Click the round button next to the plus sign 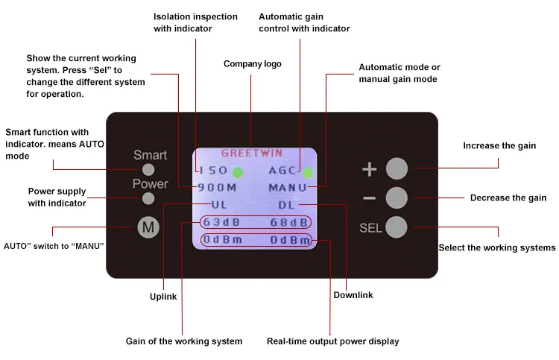click(x=397, y=168)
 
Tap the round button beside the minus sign click(x=397, y=198)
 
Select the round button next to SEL click(x=397, y=227)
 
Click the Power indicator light click(x=149, y=198)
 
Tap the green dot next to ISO click(x=238, y=172)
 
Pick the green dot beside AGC click(x=307, y=173)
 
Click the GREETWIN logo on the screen click(x=251, y=154)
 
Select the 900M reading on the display click(x=218, y=187)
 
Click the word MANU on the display click(x=287, y=187)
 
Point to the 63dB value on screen click(x=221, y=222)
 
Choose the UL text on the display click(x=219, y=204)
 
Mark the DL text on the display click(x=287, y=204)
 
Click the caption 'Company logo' click(x=253, y=64)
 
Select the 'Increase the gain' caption click(x=499, y=145)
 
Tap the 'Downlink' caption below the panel click(x=353, y=295)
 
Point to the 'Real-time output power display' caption click(x=332, y=341)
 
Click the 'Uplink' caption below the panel click(x=163, y=297)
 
